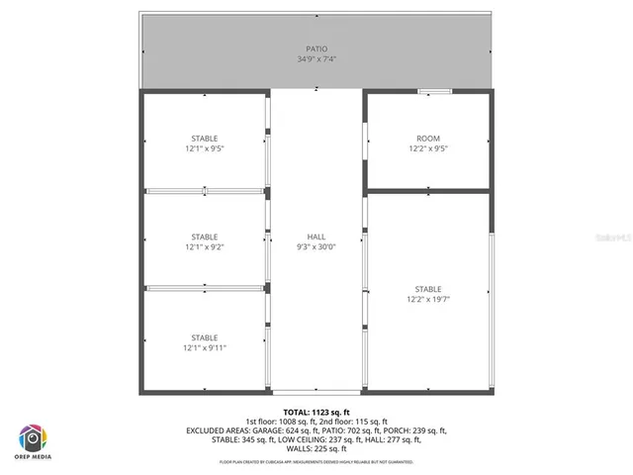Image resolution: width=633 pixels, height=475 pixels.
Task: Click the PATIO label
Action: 316,48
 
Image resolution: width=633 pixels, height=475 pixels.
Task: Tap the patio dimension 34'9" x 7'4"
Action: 316,59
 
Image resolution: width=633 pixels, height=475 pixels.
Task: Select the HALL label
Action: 316,237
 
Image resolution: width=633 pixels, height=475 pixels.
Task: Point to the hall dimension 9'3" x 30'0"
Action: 316,247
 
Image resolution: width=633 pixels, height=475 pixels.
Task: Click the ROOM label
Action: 427,139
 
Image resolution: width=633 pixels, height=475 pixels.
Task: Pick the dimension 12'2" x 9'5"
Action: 427,149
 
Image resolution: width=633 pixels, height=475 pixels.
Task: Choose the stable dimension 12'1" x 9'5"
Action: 205,149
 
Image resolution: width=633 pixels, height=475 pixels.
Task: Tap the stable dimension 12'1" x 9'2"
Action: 205,247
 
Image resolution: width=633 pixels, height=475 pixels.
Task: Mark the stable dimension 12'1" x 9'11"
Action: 205,348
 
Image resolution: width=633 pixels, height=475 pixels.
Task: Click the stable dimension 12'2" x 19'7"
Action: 427,299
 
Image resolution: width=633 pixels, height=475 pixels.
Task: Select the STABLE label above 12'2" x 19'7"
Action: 427,289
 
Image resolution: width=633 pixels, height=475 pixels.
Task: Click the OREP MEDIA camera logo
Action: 32,436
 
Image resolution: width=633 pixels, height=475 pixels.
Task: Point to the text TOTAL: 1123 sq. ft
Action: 316,412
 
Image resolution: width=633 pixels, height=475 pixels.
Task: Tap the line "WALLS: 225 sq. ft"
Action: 316,448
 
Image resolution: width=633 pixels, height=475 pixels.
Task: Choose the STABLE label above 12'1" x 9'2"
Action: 205,237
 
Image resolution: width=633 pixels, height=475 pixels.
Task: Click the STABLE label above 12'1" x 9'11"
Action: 205,337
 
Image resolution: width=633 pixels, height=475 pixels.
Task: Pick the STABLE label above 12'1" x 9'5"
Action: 205,139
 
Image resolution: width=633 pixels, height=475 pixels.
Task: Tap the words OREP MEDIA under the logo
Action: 32,458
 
